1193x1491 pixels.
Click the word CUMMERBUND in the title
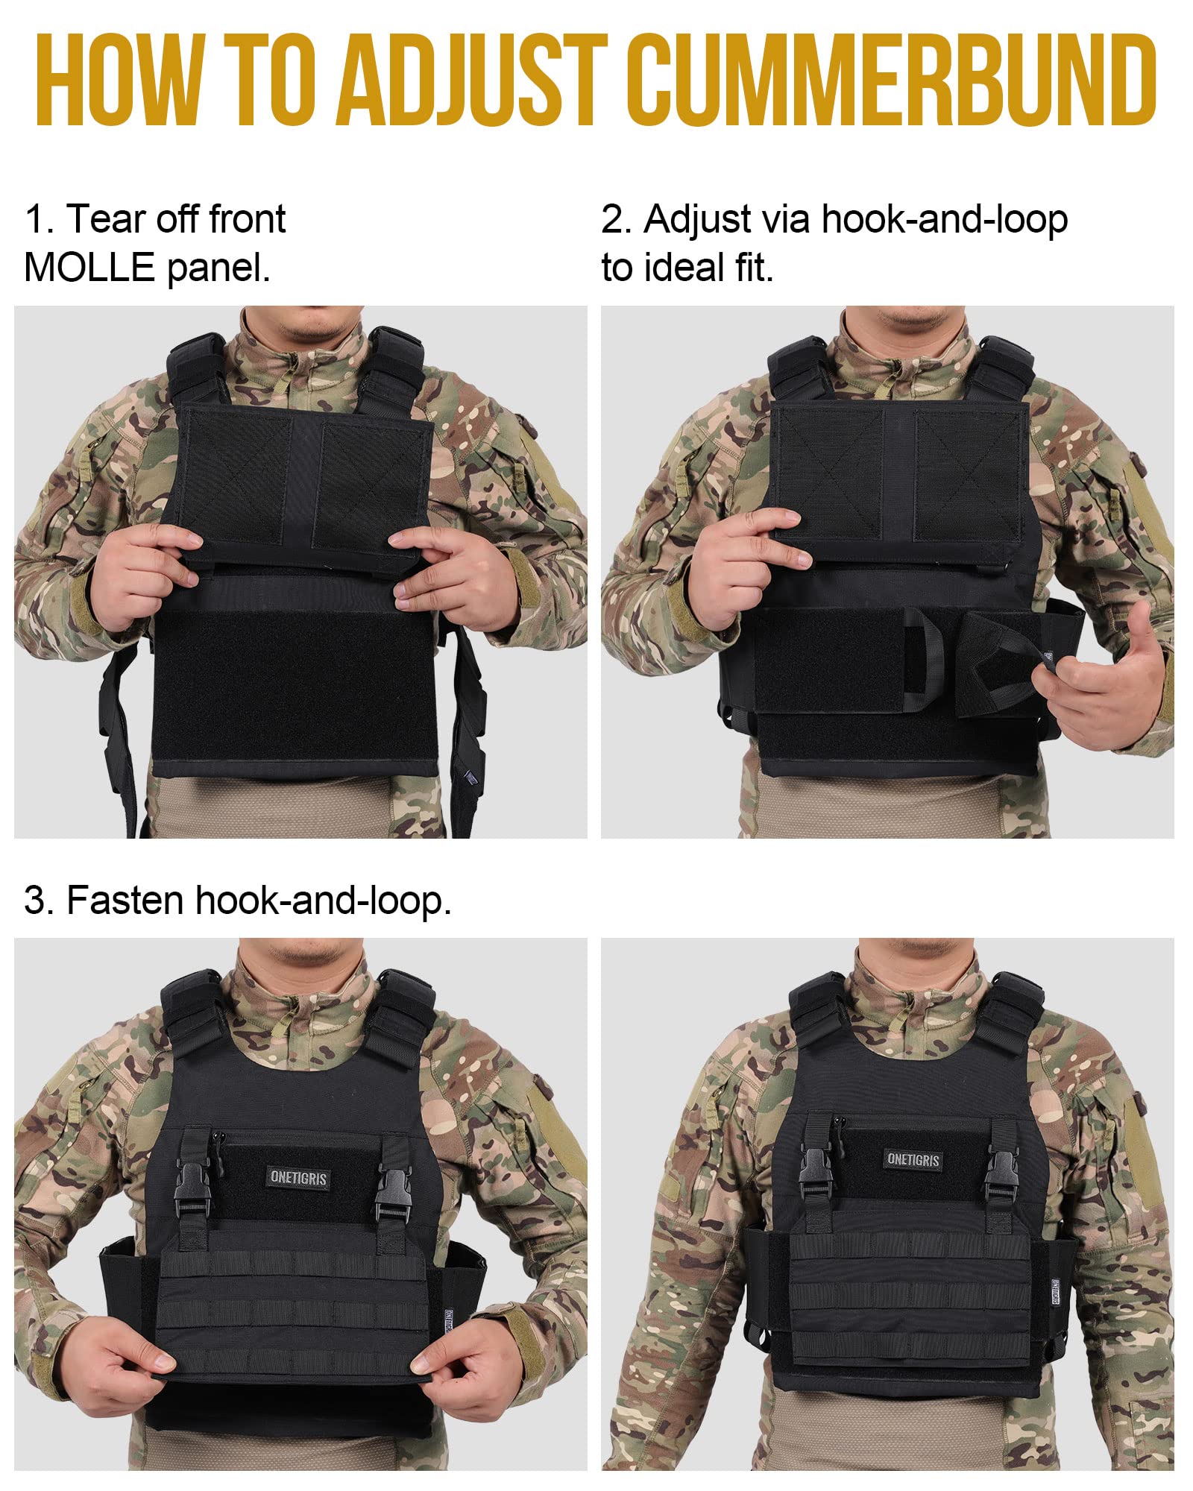point(891,80)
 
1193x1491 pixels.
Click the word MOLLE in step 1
point(89,267)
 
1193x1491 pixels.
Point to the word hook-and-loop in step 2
point(944,219)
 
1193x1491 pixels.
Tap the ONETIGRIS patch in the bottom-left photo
point(298,1177)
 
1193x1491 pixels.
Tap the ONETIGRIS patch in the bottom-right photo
point(913,1159)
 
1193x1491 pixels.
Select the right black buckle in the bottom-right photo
point(1001,1173)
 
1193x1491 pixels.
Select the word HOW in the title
point(119,80)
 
